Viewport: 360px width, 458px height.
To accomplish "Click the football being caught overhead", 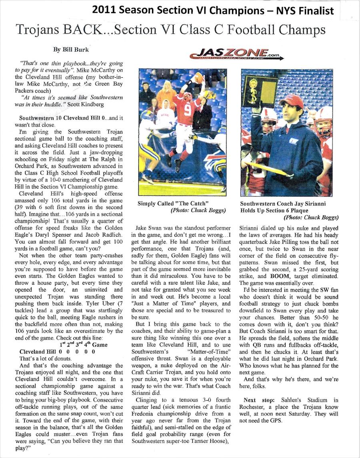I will coord(199,77).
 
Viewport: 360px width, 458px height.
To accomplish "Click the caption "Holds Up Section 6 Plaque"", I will coord(274,210).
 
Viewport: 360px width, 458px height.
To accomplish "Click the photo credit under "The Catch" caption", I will coord(198,210).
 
